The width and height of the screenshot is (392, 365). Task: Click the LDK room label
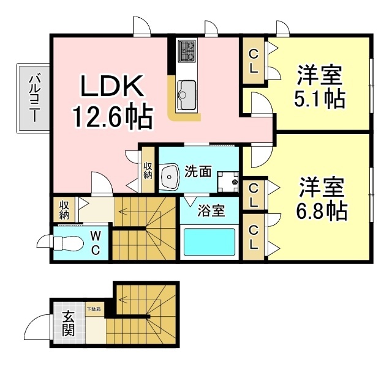coord(113,87)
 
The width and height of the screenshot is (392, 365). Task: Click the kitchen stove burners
coord(186,51)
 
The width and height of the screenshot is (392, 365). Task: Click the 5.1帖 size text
coord(319,98)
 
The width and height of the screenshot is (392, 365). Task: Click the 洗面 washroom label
coord(198,172)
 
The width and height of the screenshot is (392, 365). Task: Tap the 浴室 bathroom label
coord(210,212)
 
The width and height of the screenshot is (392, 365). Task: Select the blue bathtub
coord(208,242)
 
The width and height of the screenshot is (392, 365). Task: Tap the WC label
coord(97,243)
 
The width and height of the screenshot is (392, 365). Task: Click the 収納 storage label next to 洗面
coord(148,170)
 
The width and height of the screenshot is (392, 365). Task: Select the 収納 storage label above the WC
coord(64,210)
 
